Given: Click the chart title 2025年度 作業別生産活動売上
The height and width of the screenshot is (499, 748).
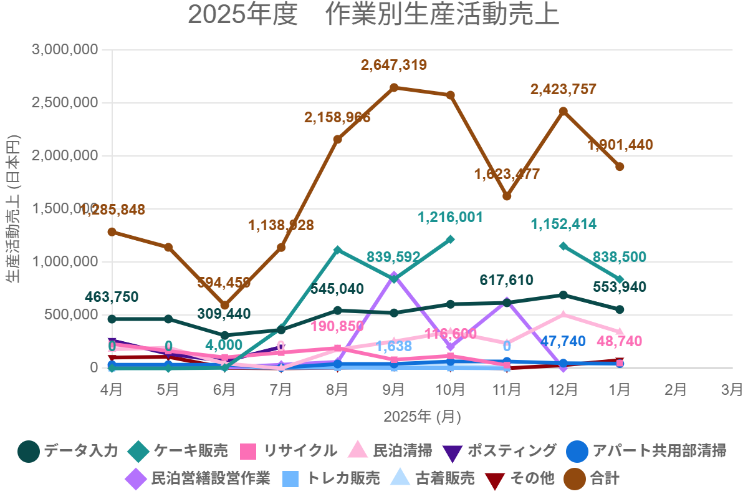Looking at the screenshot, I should [373, 16].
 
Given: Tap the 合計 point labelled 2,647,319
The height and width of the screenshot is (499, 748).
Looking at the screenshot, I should [394, 87].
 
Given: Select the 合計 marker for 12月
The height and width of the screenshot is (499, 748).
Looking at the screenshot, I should [563, 111].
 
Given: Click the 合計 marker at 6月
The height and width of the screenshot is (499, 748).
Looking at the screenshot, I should [225, 305].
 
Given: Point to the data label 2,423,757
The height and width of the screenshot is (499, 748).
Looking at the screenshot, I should [563, 89].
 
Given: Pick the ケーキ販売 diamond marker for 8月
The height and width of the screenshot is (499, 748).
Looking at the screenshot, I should [338, 250].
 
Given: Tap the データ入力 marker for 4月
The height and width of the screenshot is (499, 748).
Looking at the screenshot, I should [112, 319].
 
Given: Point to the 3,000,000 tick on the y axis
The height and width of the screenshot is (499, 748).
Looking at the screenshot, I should [65, 49].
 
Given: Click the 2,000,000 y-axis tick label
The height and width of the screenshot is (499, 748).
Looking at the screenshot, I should [65, 155].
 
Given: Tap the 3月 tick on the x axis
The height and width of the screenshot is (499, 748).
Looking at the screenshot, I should [732, 390].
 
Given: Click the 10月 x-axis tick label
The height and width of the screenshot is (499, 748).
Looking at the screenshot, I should [450, 390].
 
